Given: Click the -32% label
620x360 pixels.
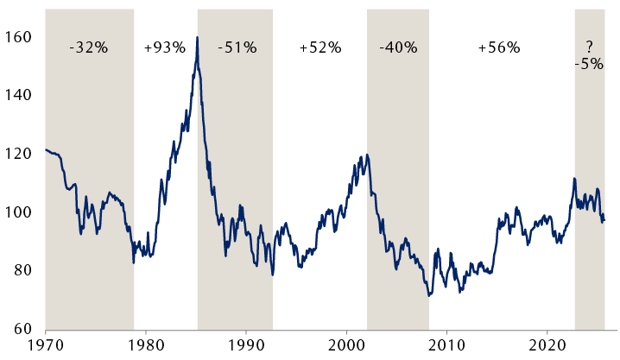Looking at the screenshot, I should pyautogui.click(x=88, y=48).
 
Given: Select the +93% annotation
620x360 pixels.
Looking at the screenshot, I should pyautogui.click(x=164, y=48).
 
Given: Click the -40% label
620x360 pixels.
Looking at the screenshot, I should pyautogui.click(x=397, y=48).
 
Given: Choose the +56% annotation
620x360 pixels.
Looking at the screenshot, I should pyautogui.click(x=499, y=48).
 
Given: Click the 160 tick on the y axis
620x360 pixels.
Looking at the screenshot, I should pyautogui.click(x=17, y=37).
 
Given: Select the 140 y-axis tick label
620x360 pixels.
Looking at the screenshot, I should pyautogui.click(x=17, y=95).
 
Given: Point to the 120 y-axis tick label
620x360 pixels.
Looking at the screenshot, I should pyautogui.click(x=17, y=154).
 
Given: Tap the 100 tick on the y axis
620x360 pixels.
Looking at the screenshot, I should pyautogui.click(x=17, y=212).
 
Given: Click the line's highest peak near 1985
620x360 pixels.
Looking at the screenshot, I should pyautogui.click(x=198, y=38).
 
